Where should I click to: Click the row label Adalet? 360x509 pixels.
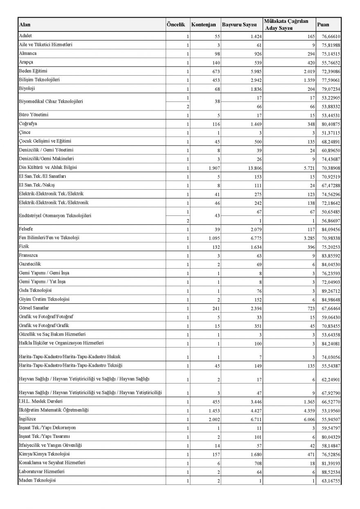click(x=26, y=36)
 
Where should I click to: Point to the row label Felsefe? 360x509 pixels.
click(x=27, y=229)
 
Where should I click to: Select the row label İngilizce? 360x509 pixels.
click(x=28, y=419)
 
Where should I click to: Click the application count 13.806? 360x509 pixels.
click(x=250, y=168)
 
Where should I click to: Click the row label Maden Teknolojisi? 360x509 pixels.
click(x=37, y=480)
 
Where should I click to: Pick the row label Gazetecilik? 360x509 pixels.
click(x=30, y=264)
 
